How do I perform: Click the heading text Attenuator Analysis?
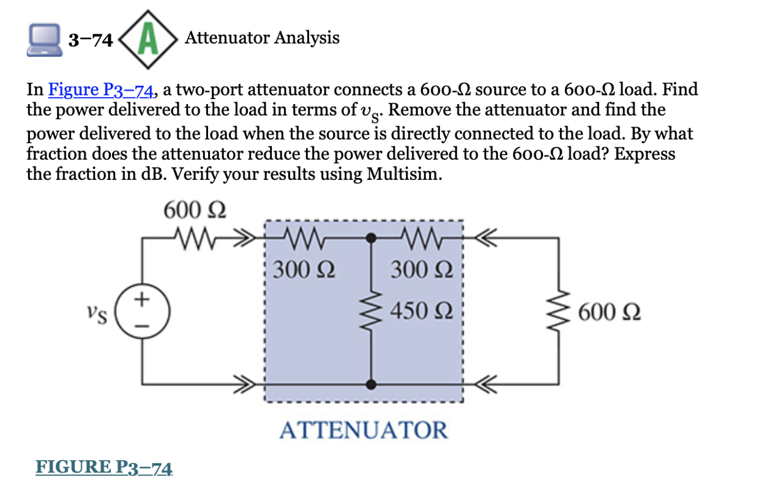[x=262, y=38]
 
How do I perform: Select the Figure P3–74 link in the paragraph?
[x=100, y=90]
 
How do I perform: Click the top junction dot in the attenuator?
[x=370, y=236]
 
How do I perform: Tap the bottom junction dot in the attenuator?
[x=370, y=384]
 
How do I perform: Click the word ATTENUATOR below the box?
[x=364, y=430]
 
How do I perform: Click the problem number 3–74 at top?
[x=91, y=40]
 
